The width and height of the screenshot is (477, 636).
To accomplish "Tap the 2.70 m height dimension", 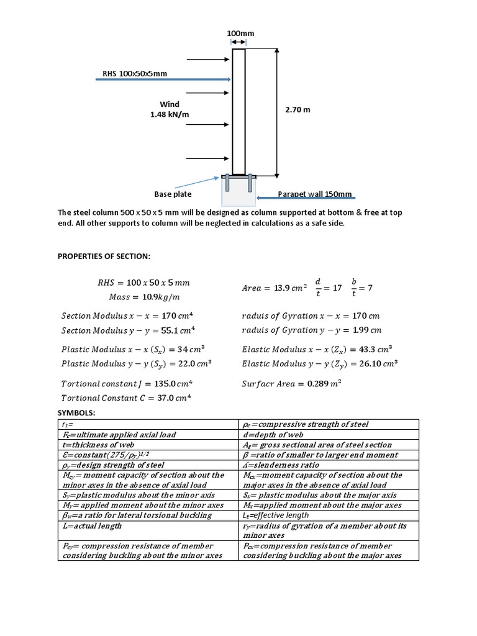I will point(298,110).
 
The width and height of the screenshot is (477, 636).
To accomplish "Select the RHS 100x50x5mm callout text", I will point(135,74).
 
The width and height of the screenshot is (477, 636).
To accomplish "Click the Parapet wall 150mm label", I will point(315,194).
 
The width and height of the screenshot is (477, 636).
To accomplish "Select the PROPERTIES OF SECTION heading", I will point(104,256).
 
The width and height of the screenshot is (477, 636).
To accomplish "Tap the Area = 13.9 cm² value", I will point(274,288).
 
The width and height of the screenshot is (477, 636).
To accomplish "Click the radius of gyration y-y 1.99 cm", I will point(311,330).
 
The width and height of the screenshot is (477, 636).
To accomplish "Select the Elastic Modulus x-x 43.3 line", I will point(317,349).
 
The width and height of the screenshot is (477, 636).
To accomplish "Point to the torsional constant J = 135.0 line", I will point(127,383).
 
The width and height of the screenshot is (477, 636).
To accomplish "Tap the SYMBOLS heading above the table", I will point(78,413).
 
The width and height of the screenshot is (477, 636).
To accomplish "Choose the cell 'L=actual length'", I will point(91,525).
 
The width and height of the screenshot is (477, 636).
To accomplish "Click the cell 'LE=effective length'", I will point(275,516).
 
